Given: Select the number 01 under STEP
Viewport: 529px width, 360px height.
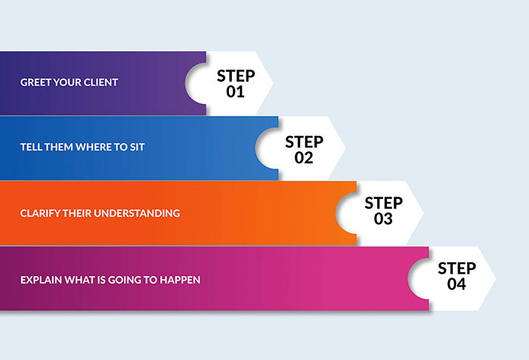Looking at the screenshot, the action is coord(235,92).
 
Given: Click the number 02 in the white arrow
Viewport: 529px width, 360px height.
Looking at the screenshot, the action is coord(304,158).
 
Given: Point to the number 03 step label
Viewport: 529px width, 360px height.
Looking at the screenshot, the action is coord(383,219).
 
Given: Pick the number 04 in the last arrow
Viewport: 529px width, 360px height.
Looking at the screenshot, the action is coord(456,284).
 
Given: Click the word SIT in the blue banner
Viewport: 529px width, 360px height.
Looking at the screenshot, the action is coord(138,147).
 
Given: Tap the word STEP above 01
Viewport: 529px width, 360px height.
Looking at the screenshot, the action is coord(236,76).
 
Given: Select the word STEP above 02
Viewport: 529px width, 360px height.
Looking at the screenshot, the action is coord(305,142).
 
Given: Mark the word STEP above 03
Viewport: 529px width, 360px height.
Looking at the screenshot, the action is coord(384,203).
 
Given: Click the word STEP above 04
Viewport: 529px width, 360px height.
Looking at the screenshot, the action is coord(456,268).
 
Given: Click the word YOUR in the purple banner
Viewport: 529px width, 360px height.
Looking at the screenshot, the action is coord(67,82).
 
